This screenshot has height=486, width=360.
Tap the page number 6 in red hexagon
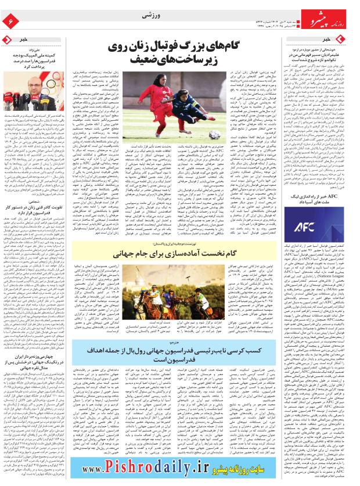coord(10,22)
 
